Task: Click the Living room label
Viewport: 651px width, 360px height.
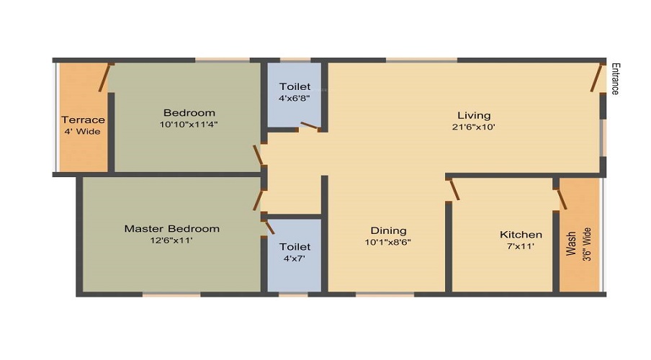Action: pos(473,115)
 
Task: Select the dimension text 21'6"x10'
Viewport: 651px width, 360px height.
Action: pos(473,127)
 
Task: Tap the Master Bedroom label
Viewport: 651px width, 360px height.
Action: pos(171,229)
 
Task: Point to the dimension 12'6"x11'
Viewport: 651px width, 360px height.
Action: pos(171,240)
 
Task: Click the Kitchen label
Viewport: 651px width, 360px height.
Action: pos(521,235)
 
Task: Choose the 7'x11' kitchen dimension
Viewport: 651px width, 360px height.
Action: pos(521,246)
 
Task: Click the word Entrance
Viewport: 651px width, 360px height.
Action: pos(614,78)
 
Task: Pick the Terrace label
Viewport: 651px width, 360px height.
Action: pos(83,120)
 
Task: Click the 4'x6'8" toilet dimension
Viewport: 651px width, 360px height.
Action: pos(295,99)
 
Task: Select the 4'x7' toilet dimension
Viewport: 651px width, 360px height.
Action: pos(295,258)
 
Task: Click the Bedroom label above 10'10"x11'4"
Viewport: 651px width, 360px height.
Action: pos(189,113)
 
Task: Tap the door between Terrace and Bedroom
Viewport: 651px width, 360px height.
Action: pos(106,77)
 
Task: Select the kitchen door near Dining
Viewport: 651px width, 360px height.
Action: pos(454,190)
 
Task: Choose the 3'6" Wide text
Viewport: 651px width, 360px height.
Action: pos(587,244)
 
